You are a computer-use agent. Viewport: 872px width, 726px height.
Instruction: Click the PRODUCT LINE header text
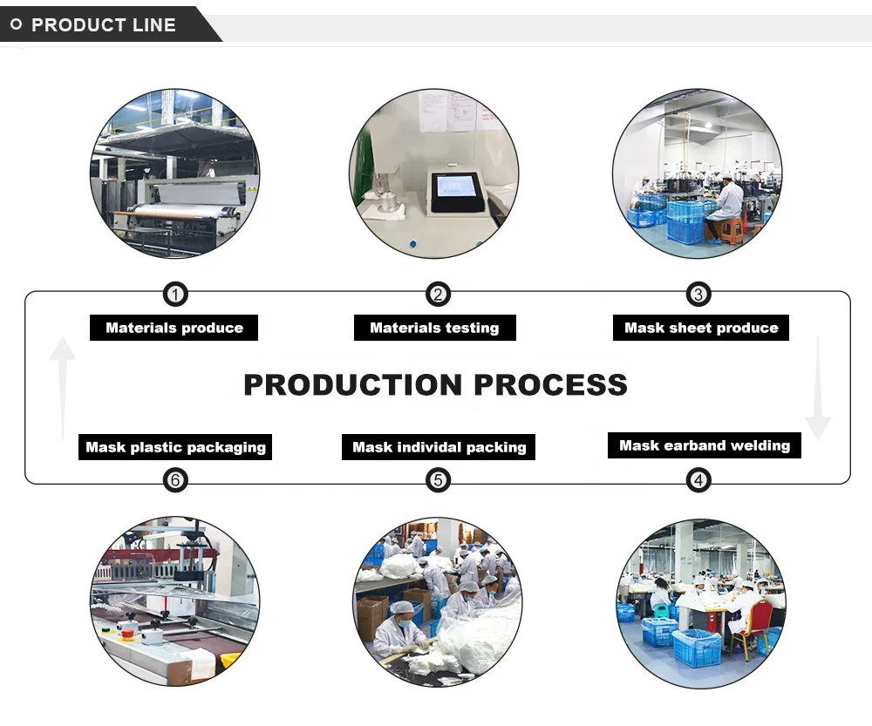point(103,25)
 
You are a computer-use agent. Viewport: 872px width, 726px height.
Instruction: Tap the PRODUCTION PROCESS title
point(435,384)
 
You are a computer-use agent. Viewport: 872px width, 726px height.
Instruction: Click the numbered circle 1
point(175,295)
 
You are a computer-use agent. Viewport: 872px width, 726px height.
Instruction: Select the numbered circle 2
point(437,295)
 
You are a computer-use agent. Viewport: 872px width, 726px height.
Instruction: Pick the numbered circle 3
point(698,295)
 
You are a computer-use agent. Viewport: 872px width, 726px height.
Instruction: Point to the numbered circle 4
point(698,479)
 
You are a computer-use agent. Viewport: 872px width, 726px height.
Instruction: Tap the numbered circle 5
point(437,479)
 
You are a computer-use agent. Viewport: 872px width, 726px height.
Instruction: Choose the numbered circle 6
point(175,479)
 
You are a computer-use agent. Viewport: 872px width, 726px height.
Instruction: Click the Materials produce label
point(174,328)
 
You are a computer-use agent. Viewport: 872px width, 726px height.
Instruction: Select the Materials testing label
point(434,328)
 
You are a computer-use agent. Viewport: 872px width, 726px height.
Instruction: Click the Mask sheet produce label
point(701,328)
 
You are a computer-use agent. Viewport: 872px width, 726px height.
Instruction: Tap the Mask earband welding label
point(704,445)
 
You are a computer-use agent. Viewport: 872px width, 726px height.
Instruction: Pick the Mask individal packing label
point(439,447)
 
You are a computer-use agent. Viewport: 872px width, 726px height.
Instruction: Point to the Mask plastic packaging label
point(175,447)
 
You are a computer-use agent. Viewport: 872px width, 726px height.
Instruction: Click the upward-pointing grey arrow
point(62,383)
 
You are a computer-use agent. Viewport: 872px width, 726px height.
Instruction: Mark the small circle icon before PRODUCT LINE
point(15,25)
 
